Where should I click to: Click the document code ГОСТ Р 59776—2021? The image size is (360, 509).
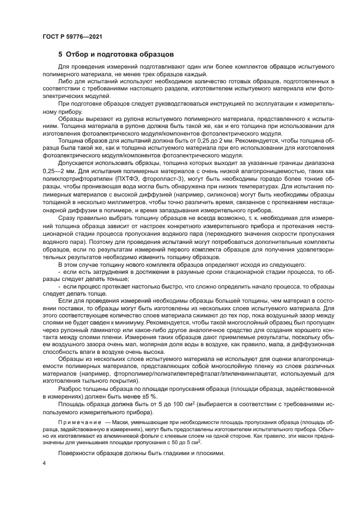point(72,36)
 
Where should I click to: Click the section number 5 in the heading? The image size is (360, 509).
point(60,55)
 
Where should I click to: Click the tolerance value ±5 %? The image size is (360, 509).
point(157,397)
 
